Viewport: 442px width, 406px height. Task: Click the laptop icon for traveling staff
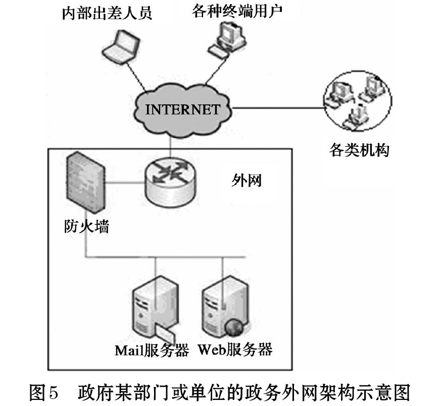(121, 45)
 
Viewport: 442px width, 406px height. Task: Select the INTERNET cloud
(182, 110)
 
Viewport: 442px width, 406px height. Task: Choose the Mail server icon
(155, 308)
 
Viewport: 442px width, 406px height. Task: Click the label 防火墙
(86, 226)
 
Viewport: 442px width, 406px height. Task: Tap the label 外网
(247, 180)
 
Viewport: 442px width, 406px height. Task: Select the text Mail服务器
(152, 351)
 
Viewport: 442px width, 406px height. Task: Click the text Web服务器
(235, 350)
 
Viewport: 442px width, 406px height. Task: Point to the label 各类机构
(359, 149)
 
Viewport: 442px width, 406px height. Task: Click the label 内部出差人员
(107, 13)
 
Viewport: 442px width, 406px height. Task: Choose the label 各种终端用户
(237, 11)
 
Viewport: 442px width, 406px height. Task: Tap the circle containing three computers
(324, 101)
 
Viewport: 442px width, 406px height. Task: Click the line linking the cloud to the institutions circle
(278, 108)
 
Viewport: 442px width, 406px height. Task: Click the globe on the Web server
(234, 327)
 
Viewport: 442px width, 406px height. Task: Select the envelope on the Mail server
(165, 333)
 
